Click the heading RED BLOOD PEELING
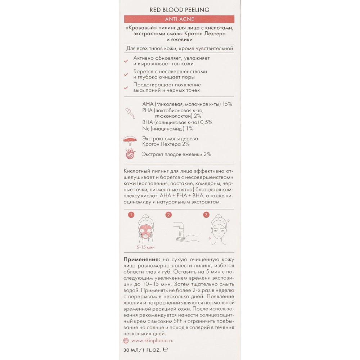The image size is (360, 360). coord(179,10)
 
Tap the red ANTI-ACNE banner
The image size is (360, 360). coord(179,19)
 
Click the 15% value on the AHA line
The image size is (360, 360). coord(227,104)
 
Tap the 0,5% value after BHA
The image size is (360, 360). coord(206,122)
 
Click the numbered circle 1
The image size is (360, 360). coord(131,215)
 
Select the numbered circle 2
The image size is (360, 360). coord(168,215)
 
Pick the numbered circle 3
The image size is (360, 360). coord(206,215)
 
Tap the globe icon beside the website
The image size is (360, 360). coord(126,340)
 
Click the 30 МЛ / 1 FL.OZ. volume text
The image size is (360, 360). coord(142,350)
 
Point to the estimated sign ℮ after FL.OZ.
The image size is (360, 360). coord(166,350)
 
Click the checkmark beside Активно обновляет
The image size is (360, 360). coord(126,61)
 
